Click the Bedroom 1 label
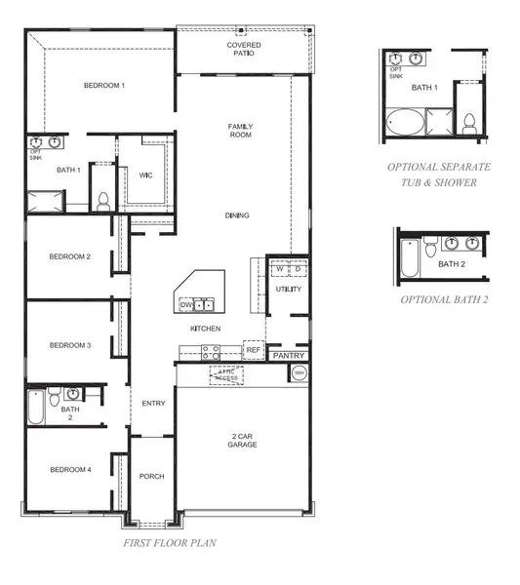[x=103, y=86]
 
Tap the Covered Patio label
[x=244, y=49]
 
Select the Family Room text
[x=240, y=131]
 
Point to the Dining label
[x=237, y=215]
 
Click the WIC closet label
[x=145, y=175]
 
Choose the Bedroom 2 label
[x=70, y=257]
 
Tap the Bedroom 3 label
[x=70, y=345]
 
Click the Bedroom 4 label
[x=70, y=470]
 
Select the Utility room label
[x=289, y=290]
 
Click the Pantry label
[x=289, y=357]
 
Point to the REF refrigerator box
[x=253, y=349]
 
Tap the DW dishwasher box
[x=185, y=306]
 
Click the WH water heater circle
[x=300, y=373]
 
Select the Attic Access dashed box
[x=226, y=373]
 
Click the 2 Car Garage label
[x=243, y=440]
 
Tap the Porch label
[x=151, y=477]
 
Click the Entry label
[x=153, y=404]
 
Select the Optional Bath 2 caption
[x=444, y=299]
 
